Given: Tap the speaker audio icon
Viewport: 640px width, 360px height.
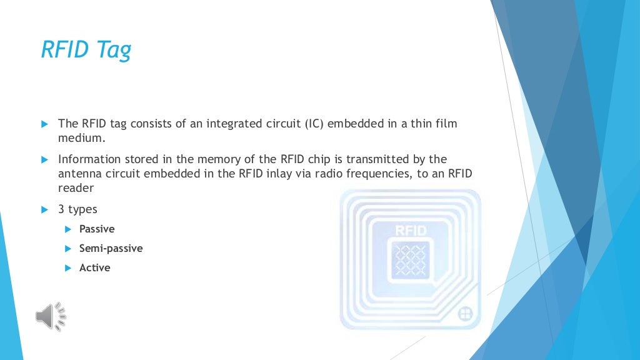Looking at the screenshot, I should (x=51, y=316).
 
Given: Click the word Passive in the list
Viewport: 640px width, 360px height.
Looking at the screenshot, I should (x=97, y=229).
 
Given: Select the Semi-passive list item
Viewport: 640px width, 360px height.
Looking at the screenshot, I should (x=111, y=248).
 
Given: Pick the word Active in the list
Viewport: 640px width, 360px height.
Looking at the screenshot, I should (x=94, y=267).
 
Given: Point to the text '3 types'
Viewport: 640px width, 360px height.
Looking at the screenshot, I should (x=77, y=209).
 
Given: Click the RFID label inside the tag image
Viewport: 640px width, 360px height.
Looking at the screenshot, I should (x=411, y=231).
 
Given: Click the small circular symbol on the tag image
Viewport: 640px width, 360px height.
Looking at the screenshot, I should (x=465, y=313).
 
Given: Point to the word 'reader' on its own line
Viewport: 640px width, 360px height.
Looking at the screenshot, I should (x=76, y=188).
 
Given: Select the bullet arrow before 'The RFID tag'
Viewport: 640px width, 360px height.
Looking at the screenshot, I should (x=44, y=124).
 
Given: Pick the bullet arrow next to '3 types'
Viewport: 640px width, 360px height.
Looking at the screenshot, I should (x=44, y=209).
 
